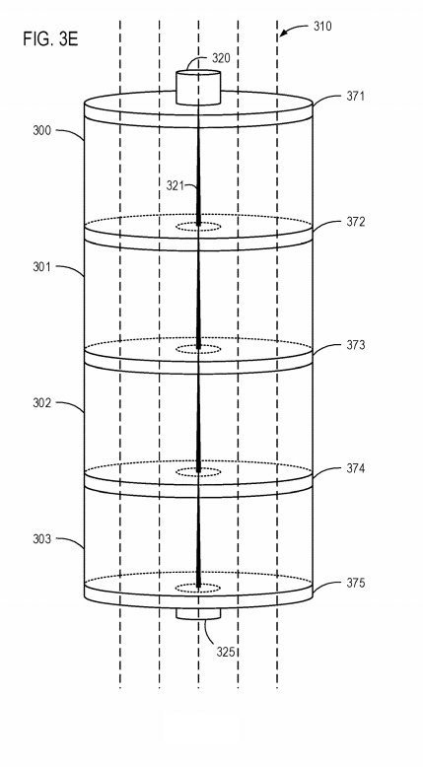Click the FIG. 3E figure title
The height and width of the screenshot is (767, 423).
pyautogui.click(x=50, y=39)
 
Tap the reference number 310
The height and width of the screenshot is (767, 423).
pyautogui.click(x=322, y=26)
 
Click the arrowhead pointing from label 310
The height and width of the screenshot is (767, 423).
pyautogui.click(x=282, y=34)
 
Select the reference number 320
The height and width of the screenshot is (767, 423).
pyautogui.click(x=221, y=59)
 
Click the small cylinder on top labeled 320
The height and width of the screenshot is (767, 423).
pyautogui.click(x=198, y=87)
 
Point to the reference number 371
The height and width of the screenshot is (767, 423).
pyautogui.click(x=356, y=96)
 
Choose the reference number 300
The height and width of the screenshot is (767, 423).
pyautogui.click(x=42, y=130)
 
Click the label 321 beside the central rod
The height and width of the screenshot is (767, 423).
pyautogui.click(x=176, y=186)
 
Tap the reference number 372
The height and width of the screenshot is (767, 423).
pyautogui.click(x=356, y=222)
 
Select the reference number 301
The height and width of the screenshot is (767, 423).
pyautogui.click(x=42, y=267)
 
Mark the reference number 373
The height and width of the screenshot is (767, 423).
pyautogui.click(x=356, y=345)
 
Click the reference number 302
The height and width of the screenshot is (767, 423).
pyautogui.click(x=42, y=403)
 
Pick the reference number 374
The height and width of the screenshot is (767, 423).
pyautogui.click(x=356, y=468)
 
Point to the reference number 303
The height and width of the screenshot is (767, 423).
pyautogui.click(x=42, y=539)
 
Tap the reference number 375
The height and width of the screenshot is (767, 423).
pyautogui.click(x=356, y=583)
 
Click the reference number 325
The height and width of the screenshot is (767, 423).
pyautogui.click(x=226, y=652)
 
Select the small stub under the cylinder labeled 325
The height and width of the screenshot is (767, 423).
pyautogui.click(x=198, y=614)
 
